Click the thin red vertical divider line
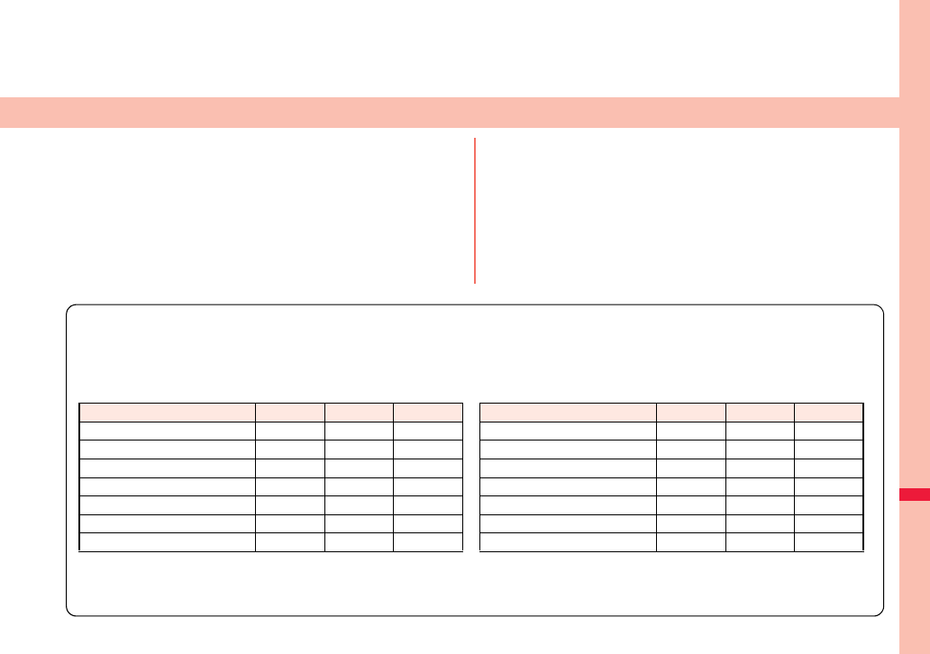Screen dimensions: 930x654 [x=474, y=211]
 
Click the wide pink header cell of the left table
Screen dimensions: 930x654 [x=167, y=413]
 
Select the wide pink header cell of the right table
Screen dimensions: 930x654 [x=568, y=413]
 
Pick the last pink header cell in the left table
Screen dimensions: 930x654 [x=428, y=413]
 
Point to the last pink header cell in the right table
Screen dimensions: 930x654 [x=829, y=413]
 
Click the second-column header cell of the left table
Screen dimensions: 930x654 [x=290, y=413]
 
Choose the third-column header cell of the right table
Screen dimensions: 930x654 [x=760, y=413]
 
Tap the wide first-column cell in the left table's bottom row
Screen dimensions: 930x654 [x=167, y=541]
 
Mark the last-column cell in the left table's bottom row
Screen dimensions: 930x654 [x=428, y=541]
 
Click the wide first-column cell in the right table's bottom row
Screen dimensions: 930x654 [x=568, y=541]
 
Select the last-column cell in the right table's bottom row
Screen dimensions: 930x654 [x=829, y=541]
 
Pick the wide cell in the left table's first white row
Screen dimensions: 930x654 [x=167, y=431]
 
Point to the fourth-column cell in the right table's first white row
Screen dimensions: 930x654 [x=829, y=431]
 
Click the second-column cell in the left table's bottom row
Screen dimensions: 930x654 [x=290, y=541]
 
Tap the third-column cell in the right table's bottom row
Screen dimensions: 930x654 [x=760, y=541]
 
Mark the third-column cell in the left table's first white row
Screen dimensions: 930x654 [x=359, y=431]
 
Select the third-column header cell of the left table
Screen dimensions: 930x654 [x=359, y=413]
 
